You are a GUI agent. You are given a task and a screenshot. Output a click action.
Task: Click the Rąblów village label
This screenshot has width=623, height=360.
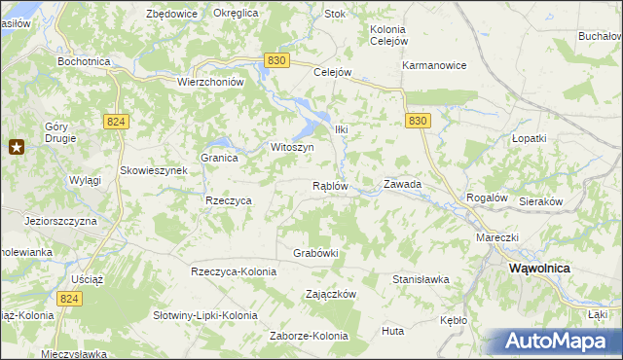(x=330, y=186)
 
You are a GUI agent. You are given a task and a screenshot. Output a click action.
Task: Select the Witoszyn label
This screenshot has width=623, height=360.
(x=291, y=147)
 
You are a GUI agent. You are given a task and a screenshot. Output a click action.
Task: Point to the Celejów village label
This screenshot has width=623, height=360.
(x=331, y=71)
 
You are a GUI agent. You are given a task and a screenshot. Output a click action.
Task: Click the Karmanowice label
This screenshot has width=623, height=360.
(x=435, y=65)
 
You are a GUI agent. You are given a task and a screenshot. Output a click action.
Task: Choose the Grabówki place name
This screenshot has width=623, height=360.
(x=315, y=253)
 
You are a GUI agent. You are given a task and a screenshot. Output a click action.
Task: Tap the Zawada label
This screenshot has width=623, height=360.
(x=402, y=183)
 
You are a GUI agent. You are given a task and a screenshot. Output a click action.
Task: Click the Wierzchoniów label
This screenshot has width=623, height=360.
(x=209, y=83)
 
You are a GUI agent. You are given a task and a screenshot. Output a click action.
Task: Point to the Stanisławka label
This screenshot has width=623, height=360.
(x=421, y=279)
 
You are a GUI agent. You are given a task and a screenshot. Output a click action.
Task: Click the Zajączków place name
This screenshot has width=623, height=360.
(x=332, y=294)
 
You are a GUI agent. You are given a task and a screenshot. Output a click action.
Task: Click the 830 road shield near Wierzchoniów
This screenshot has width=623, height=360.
(x=276, y=60)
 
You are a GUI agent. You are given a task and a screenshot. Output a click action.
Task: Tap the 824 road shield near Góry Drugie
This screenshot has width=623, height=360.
(x=116, y=120)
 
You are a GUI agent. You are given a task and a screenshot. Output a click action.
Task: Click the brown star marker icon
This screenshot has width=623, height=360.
(x=17, y=147)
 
